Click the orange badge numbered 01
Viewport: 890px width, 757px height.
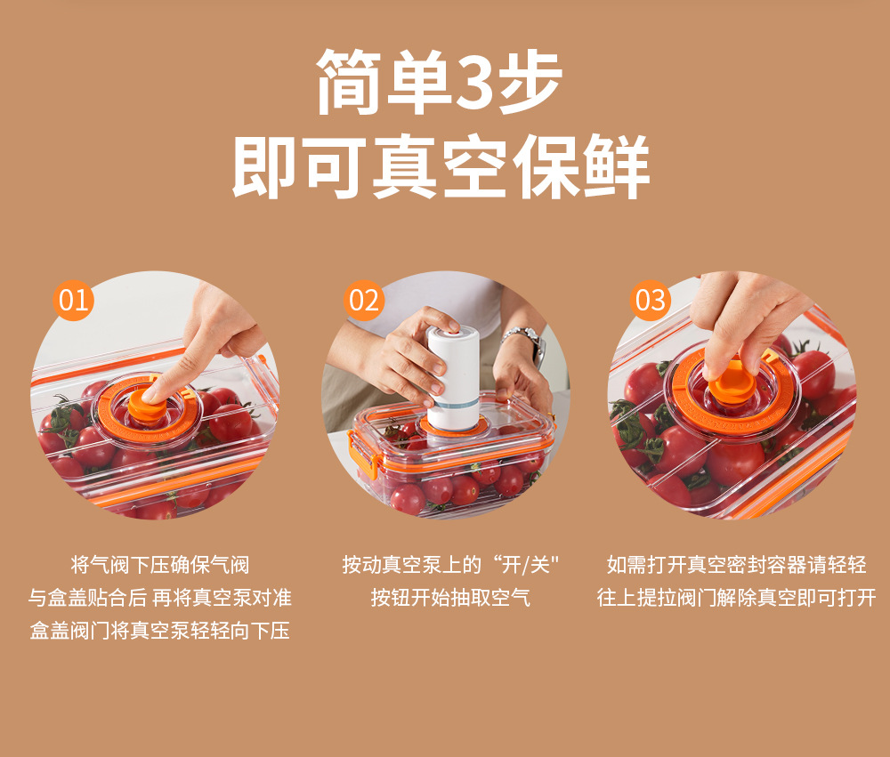(x=73, y=300)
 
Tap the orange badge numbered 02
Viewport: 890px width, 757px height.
(x=364, y=300)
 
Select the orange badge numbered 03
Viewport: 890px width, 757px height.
(x=651, y=300)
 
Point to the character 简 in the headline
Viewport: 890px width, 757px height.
(x=349, y=82)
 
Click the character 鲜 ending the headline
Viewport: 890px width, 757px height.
(x=617, y=165)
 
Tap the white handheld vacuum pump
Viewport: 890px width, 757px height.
(x=452, y=378)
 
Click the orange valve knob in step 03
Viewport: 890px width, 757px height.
(x=732, y=382)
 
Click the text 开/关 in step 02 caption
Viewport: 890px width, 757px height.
(x=526, y=565)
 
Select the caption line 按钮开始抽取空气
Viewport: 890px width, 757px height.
(x=450, y=598)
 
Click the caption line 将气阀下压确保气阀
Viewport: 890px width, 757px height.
(x=160, y=565)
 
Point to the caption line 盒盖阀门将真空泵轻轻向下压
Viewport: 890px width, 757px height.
(x=160, y=631)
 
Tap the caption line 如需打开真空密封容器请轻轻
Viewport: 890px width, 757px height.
(x=736, y=565)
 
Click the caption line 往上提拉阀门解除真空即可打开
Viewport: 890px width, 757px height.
(x=736, y=598)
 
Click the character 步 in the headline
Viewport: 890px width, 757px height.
(x=530, y=82)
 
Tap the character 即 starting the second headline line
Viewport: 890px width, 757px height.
(x=264, y=165)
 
